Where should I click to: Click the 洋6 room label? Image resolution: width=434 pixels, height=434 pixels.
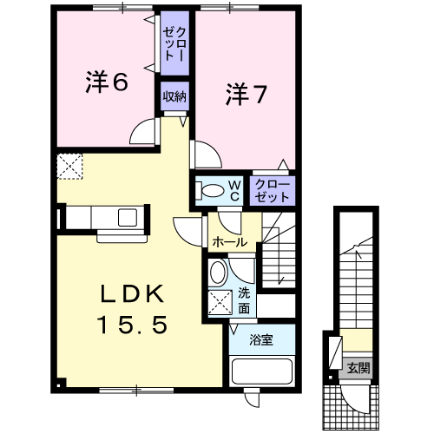tap(107, 82)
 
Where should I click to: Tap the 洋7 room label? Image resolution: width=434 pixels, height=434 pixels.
tap(246, 94)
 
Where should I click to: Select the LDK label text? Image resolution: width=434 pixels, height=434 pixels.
tap(132, 294)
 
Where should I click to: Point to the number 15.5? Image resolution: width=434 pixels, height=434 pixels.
tap(133, 325)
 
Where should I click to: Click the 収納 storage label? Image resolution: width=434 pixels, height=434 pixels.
tap(174, 96)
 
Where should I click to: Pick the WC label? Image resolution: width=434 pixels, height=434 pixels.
tap(234, 191)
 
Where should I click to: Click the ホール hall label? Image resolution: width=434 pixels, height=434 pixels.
tap(230, 242)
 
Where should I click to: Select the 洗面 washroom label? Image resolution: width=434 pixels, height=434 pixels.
tap(244, 301)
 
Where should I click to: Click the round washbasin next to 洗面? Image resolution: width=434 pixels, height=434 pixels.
tap(219, 272)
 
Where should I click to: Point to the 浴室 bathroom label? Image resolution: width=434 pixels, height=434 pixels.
tap(261, 340)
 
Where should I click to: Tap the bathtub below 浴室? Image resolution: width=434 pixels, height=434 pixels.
tap(262, 371)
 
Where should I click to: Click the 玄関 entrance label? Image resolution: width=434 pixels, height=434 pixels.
tap(358, 368)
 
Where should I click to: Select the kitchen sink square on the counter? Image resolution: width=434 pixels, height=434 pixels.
tap(128, 217)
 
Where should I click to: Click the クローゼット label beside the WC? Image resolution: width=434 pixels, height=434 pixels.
tap(273, 191)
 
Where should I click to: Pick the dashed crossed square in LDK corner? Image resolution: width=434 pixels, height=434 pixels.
tap(69, 166)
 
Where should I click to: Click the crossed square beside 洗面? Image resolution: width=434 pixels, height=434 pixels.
tap(220, 302)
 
